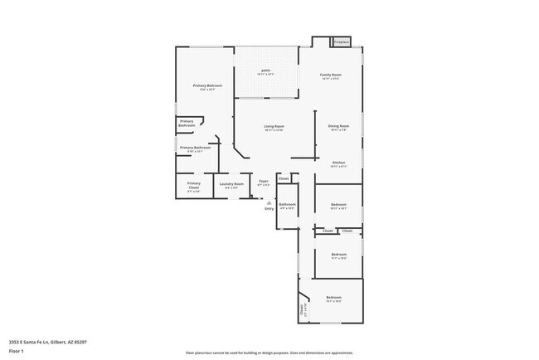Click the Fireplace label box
(x=341, y=42)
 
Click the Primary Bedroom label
(x=207, y=87)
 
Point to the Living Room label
(x=274, y=128)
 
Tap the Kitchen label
(x=339, y=163)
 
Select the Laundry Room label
(x=231, y=185)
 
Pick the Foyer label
(x=264, y=182)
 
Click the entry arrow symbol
(x=269, y=202)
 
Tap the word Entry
(x=269, y=208)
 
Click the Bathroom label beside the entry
(x=287, y=205)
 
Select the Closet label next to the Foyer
(x=284, y=178)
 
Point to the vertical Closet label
(x=301, y=311)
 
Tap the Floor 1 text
(x=17, y=351)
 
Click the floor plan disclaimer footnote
(x=269, y=353)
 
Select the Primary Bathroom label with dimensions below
(x=195, y=148)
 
